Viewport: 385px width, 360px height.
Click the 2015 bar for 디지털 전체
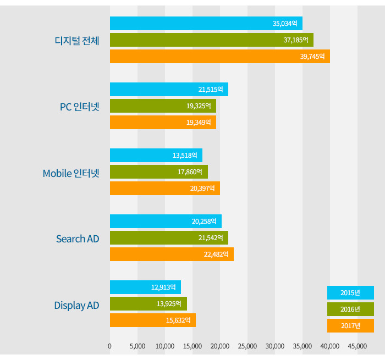point(206,24)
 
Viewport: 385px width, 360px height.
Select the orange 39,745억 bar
point(219,56)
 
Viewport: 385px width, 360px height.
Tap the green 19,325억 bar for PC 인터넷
point(163,106)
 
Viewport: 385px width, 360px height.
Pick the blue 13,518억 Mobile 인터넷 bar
point(156,155)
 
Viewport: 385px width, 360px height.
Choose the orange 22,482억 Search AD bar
point(172,254)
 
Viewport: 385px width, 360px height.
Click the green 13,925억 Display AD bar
point(148,303)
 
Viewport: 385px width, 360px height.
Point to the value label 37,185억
point(296,40)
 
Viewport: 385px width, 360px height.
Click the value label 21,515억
point(211,90)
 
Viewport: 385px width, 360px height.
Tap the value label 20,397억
point(202,189)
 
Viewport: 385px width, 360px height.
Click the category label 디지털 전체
point(77,41)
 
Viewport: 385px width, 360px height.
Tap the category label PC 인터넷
point(79,107)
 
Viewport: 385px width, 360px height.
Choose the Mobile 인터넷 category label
point(71,173)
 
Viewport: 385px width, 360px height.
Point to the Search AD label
point(78,239)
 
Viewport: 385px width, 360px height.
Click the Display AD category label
point(76,305)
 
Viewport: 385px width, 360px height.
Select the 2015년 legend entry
point(350,292)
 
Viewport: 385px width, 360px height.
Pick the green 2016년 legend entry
point(350,309)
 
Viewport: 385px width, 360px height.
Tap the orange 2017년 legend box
point(350,325)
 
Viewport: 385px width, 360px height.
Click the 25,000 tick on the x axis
point(248,346)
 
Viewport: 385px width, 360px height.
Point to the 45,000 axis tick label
point(358,346)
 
